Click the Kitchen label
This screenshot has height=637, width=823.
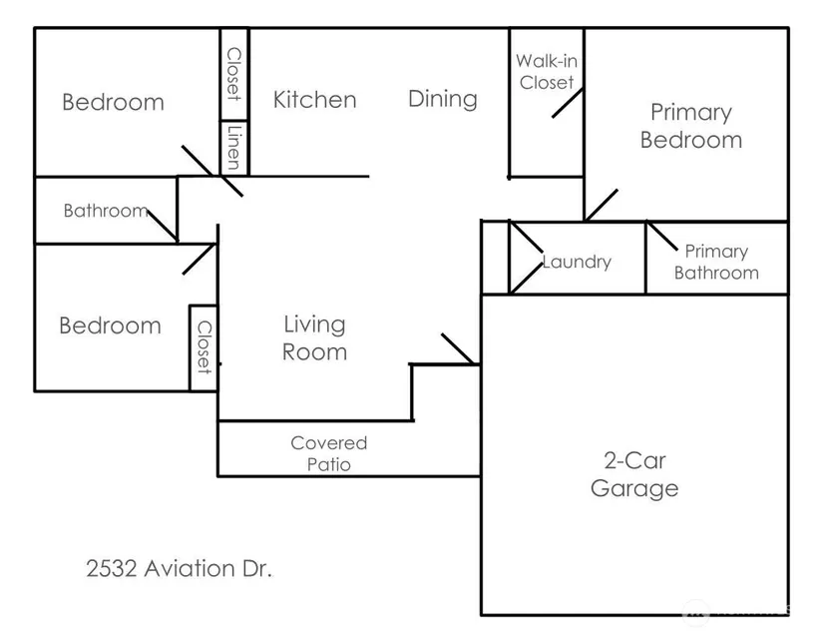click(314, 100)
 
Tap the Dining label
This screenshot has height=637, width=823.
click(443, 99)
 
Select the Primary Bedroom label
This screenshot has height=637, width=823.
click(691, 126)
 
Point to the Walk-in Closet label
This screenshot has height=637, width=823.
click(547, 72)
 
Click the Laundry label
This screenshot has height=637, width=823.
click(577, 263)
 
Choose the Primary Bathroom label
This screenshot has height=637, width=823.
click(716, 263)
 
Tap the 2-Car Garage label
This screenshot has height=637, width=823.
click(634, 475)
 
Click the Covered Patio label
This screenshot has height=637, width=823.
click(329, 453)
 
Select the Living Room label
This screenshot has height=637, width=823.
click(314, 337)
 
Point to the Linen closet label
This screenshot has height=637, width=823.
click(234, 148)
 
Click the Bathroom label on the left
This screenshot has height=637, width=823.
click(105, 211)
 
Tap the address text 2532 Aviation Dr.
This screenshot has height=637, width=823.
click(180, 570)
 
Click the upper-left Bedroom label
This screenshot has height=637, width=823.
click(113, 102)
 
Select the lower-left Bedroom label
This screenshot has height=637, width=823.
click(110, 325)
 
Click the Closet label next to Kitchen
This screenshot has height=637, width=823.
click(234, 74)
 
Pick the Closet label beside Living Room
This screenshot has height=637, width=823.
click(204, 346)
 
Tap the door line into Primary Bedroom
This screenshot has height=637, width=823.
click(601, 205)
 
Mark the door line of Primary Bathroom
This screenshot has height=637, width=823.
click(664, 239)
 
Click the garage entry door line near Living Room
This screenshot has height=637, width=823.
click(458, 348)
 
